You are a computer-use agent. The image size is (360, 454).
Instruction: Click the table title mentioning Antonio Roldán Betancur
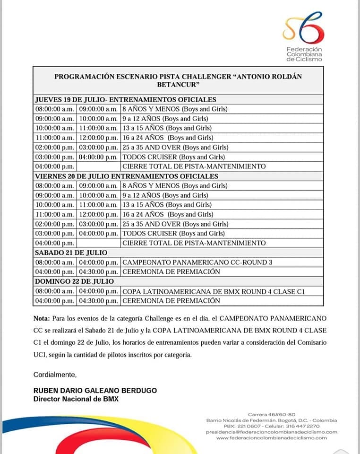[179, 80]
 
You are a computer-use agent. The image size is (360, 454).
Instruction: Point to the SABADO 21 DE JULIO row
[71, 253]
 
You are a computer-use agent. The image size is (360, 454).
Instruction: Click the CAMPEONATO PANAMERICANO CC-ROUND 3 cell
[197, 262]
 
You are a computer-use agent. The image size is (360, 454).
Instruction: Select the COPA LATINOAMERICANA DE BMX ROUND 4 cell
[213, 291]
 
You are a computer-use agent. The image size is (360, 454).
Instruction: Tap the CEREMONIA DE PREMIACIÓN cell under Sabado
[171, 271]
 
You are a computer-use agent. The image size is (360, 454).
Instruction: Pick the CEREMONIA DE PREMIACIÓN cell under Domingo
[171, 301]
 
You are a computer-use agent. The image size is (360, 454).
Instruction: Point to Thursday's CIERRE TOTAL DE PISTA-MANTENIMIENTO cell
[194, 166]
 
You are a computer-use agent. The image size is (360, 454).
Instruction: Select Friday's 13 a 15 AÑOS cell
[167, 205]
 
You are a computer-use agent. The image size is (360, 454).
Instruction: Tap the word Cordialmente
[55, 375]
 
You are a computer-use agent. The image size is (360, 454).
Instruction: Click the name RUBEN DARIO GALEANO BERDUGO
[95, 391]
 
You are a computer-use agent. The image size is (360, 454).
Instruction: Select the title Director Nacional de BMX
[76, 399]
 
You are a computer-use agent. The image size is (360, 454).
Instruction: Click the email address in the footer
[272, 432]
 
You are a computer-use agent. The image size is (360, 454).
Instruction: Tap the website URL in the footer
[272, 438]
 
